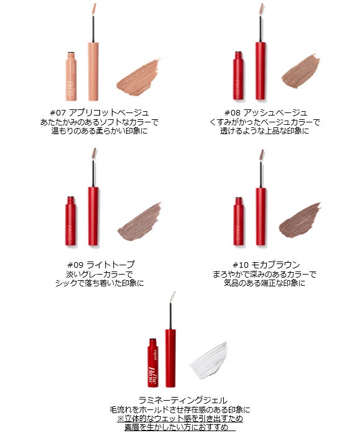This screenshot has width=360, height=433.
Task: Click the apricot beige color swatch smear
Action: coord(138,77)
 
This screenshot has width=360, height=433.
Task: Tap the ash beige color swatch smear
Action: coord(301,72)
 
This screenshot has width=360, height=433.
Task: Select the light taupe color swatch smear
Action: coord(140,222)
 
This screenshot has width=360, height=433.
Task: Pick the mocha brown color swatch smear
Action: coord(300,221)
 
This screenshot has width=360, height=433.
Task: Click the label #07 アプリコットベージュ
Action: coord(99,112)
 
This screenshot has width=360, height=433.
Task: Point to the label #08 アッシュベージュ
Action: coord(265,112)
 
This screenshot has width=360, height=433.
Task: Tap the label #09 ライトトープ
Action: coord(101,265)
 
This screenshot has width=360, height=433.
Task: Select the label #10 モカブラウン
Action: coord(266,265)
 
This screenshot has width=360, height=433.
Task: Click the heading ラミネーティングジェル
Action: coord(183,400)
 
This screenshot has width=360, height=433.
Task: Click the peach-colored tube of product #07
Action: coord(71,76)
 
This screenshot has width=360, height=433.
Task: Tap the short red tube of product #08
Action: coord(238,76)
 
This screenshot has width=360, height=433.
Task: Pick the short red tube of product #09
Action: coord(71,221)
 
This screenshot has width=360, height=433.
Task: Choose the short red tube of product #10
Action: coord(238,222)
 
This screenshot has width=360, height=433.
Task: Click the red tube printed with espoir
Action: coord(153,363)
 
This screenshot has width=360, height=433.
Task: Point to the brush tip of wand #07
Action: coord(94,10)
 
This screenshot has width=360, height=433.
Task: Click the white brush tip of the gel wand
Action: coord(172,297)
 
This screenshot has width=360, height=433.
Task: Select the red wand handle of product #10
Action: coord(261,216)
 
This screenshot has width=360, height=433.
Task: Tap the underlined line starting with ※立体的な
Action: coord(180,418)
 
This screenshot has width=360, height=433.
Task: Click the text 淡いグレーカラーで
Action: coord(99,274)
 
